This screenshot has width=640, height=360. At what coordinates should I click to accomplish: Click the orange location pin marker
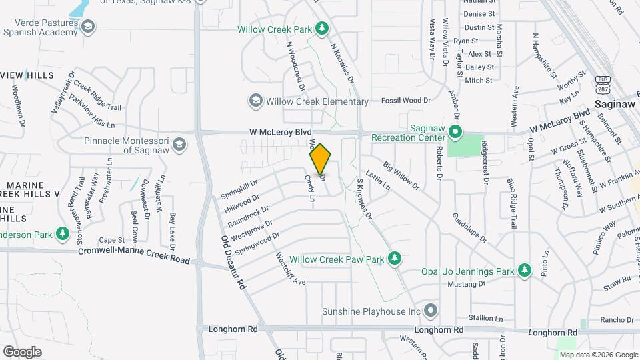coord(320,159)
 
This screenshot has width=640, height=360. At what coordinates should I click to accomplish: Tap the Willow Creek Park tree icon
coord(322,29)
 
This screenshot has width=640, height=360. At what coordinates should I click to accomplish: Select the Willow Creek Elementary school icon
coord(255,101)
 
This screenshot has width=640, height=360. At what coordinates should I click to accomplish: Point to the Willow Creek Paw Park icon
coord(395,259)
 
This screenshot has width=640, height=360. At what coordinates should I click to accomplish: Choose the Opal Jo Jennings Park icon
coord(525,271)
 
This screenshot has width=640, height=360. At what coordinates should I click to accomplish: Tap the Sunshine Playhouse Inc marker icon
coord(431,311)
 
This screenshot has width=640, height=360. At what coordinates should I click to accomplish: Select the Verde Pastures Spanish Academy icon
coord(88,26)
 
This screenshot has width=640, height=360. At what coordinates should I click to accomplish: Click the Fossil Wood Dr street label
coord(406,101)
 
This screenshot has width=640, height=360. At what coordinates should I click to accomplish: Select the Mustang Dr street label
coord(467,284)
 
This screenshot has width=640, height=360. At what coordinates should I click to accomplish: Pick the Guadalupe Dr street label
coord(469,228)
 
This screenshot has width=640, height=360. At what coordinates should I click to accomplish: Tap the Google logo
coord(22,351)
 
